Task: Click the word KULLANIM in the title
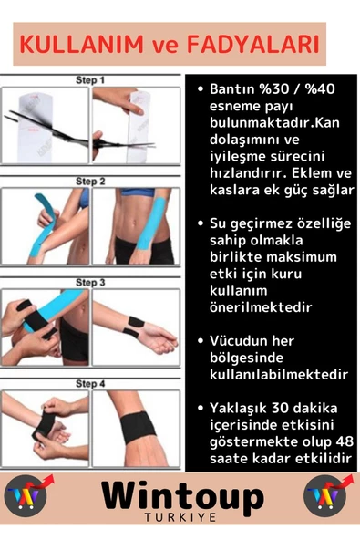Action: click(x=74, y=44)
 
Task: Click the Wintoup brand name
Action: click(x=181, y=497)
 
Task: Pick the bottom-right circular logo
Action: click(x=328, y=497)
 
